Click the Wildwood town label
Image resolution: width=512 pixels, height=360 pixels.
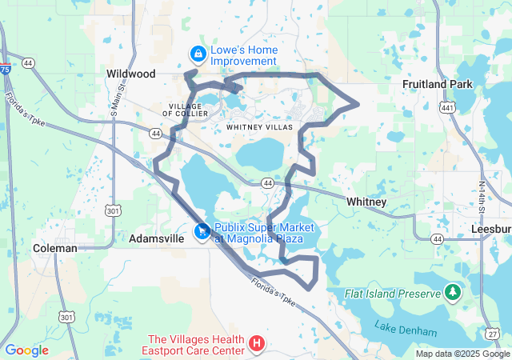click(x=130, y=73)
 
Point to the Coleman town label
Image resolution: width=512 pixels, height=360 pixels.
click(x=55, y=248)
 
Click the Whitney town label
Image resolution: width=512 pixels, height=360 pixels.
click(x=367, y=202)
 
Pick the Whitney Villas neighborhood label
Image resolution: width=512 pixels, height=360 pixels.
click(x=260, y=126)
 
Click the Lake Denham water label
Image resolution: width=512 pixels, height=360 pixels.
click(x=406, y=330)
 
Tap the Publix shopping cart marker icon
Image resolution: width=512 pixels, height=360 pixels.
click(x=202, y=231)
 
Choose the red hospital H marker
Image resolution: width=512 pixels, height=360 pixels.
click(x=257, y=344)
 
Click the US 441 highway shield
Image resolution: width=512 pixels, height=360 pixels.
click(x=446, y=107)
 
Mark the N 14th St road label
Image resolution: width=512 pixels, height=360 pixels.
click(x=482, y=197)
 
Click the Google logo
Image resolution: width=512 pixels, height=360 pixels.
click(x=26, y=350)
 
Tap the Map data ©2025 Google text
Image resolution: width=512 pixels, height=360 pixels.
click(x=462, y=354)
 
